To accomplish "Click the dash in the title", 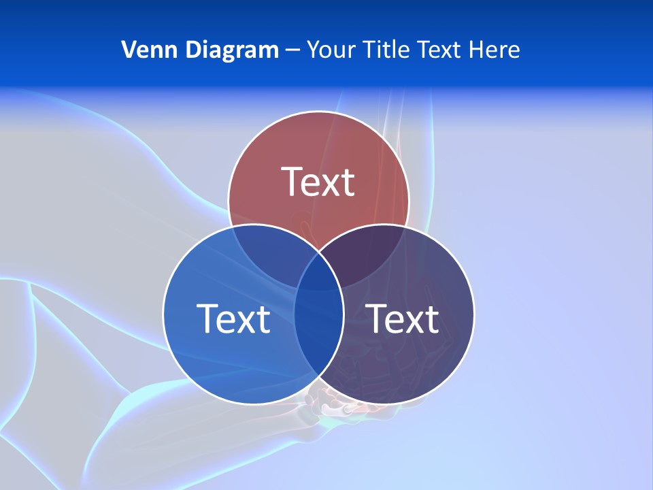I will pos(292,50).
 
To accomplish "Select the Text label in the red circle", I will pos(318,182).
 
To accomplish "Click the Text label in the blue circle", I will pos(233,318).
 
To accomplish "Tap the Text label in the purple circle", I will pos(403,318).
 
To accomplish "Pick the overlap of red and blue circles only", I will pos(272,248).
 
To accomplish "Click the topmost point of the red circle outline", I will pos(318,111).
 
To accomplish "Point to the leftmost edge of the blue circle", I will pos(163,314).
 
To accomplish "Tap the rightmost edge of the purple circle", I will pos(474,314).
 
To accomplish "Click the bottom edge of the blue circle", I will pos(253,404).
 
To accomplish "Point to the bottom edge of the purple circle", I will pos(384,404).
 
